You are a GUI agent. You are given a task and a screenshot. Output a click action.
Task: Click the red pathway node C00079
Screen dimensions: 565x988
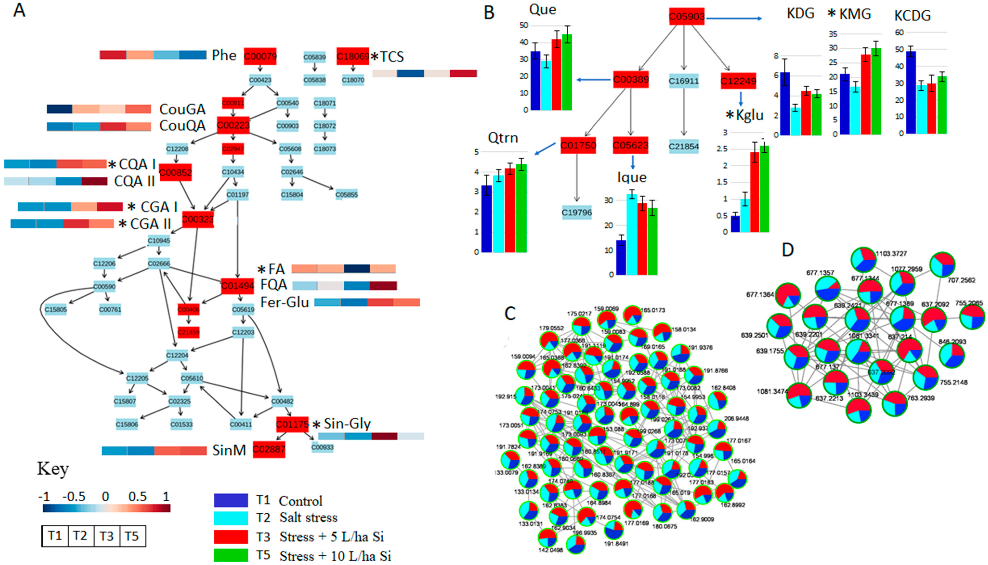point(260,57)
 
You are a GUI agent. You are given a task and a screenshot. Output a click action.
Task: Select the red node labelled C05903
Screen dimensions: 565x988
point(687,17)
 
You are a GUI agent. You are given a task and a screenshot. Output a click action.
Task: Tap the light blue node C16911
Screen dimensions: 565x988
point(684,81)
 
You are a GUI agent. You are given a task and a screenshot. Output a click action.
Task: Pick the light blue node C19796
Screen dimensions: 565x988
point(577,213)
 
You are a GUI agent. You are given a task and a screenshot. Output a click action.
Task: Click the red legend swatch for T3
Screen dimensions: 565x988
point(231,537)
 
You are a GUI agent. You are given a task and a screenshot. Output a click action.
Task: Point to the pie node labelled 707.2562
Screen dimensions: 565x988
point(943,264)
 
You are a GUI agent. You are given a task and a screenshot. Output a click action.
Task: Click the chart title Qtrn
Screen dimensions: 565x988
point(503,138)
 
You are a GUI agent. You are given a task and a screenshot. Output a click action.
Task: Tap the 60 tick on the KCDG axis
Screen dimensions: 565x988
point(899,33)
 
